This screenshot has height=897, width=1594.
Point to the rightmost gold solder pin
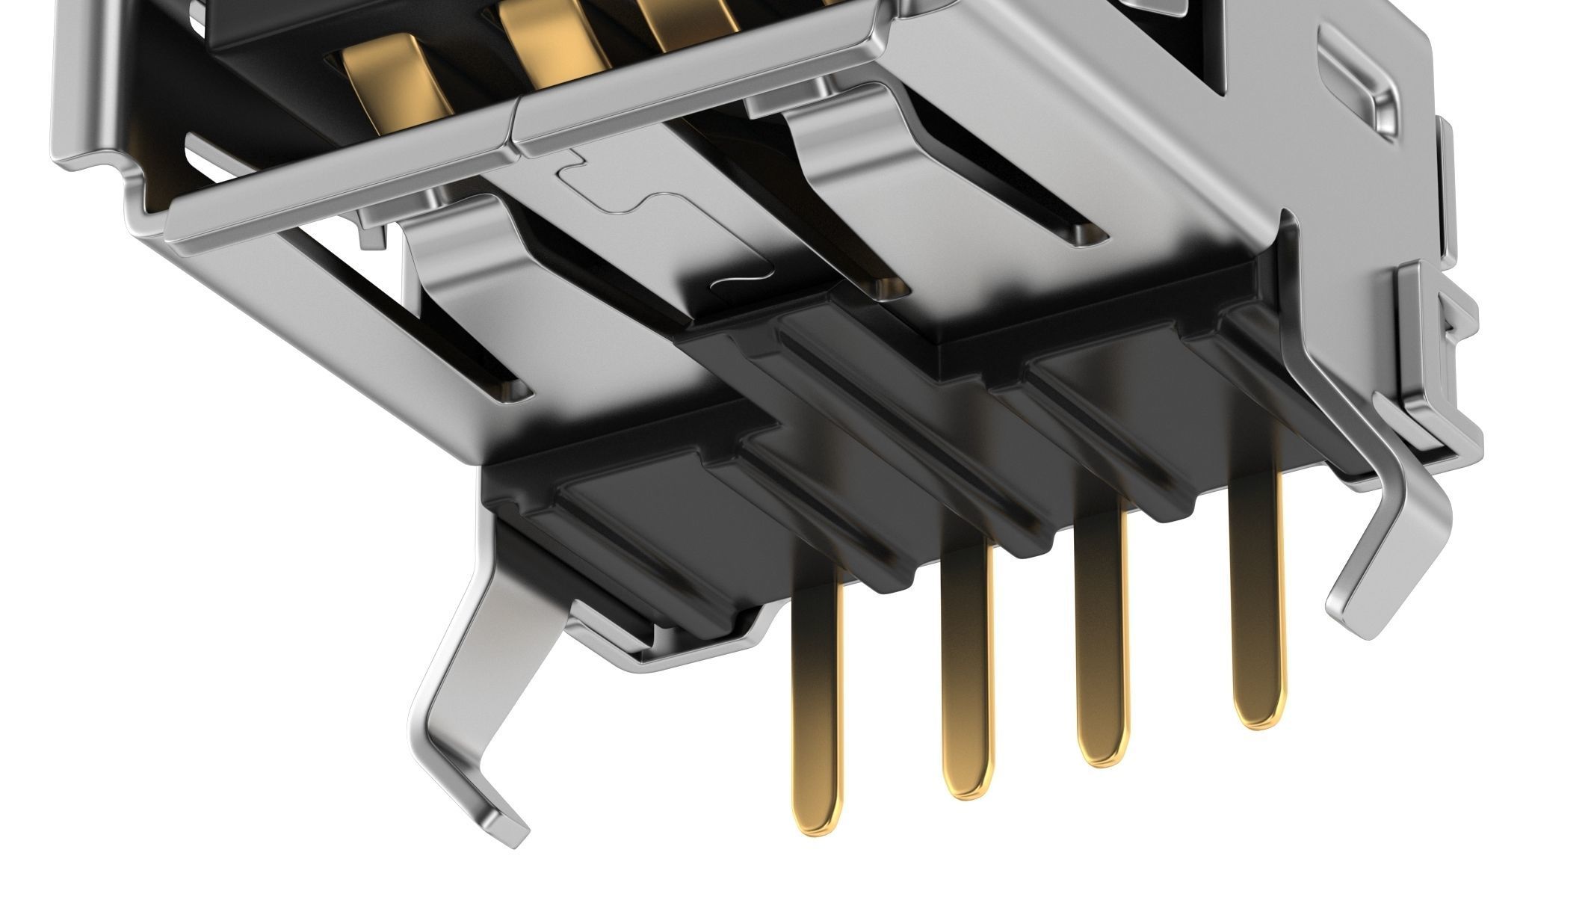click(x=1259, y=598)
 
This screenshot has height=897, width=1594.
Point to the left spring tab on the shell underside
click(x=478, y=269)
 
